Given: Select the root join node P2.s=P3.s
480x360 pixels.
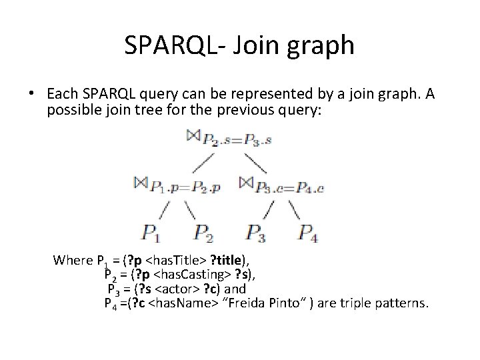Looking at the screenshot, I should [x=229, y=139].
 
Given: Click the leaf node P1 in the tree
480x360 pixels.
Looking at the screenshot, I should [x=151, y=233].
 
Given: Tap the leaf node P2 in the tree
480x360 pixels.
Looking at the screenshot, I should [x=205, y=233].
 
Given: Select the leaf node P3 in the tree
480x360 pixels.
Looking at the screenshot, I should [x=257, y=233].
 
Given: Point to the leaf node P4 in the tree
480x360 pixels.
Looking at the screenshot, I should [x=309, y=233].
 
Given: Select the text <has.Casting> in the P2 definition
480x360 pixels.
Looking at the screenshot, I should [x=186, y=274].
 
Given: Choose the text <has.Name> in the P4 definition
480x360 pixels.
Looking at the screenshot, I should [x=177, y=303].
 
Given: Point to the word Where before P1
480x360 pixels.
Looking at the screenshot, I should [x=73, y=260].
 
